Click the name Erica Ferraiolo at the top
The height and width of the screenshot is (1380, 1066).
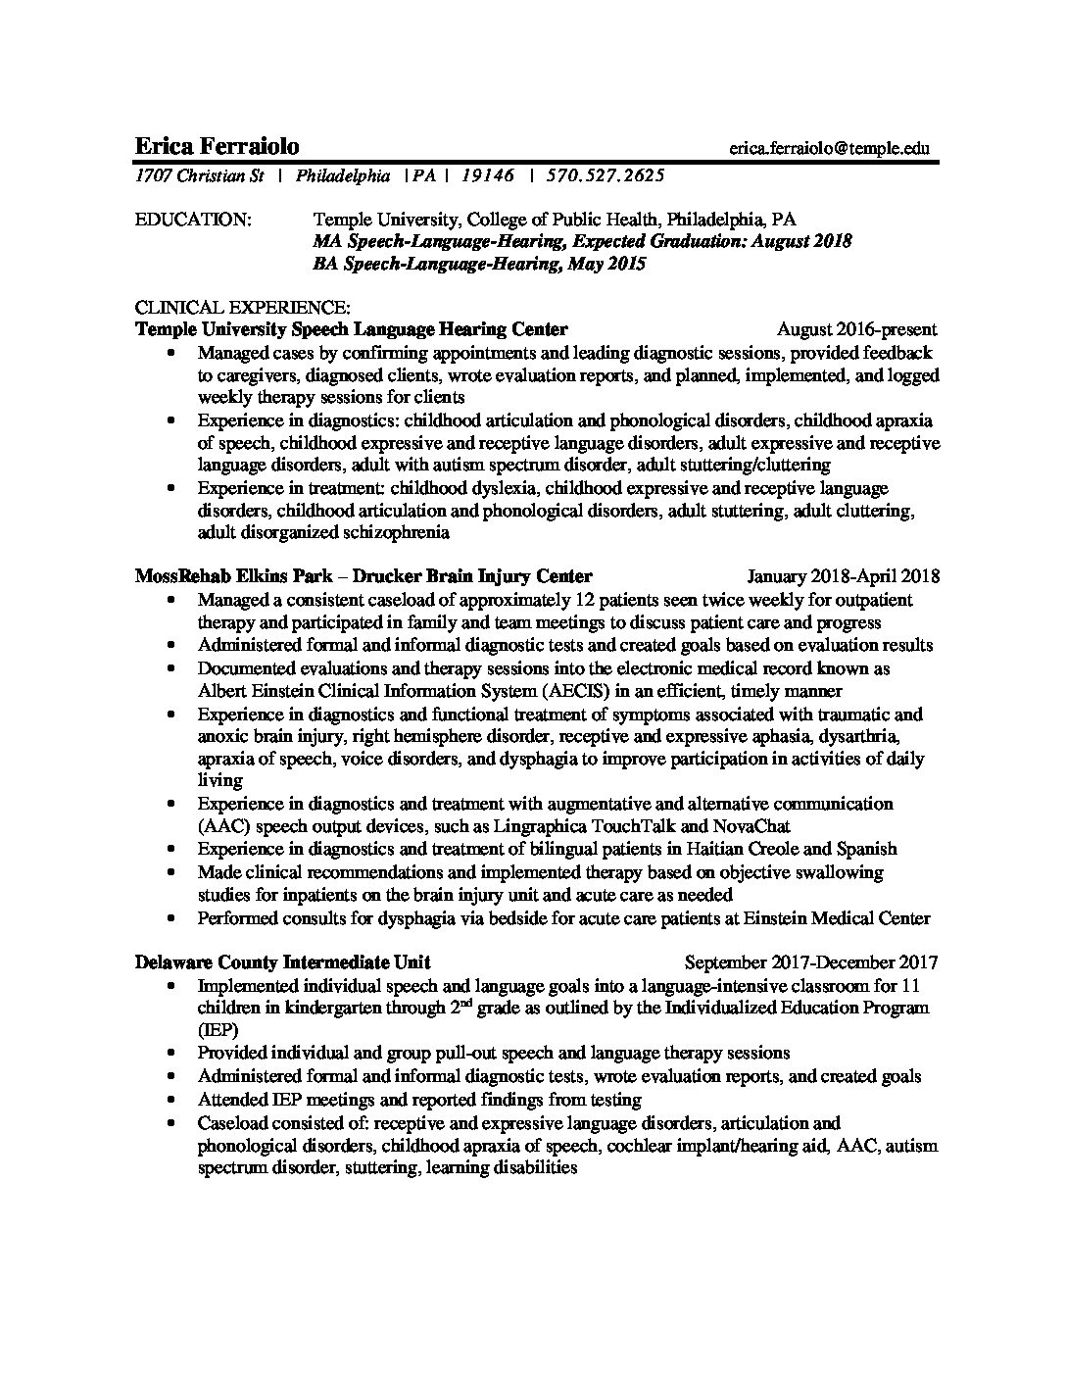click(217, 147)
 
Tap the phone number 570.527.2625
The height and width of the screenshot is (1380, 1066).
click(606, 176)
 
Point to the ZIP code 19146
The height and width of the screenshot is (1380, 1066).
click(487, 176)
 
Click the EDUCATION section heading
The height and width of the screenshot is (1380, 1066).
click(192, 220)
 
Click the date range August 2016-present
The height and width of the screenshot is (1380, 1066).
click(856, 329)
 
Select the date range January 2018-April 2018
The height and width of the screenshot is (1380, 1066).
click(843, 576)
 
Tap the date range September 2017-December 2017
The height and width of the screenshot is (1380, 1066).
click(811, 962)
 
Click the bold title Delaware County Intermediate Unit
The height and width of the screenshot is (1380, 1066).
click(282, 962)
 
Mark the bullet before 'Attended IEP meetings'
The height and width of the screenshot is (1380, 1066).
click(173, 1100)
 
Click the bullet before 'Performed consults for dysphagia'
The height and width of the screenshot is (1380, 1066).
click(173, 919)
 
